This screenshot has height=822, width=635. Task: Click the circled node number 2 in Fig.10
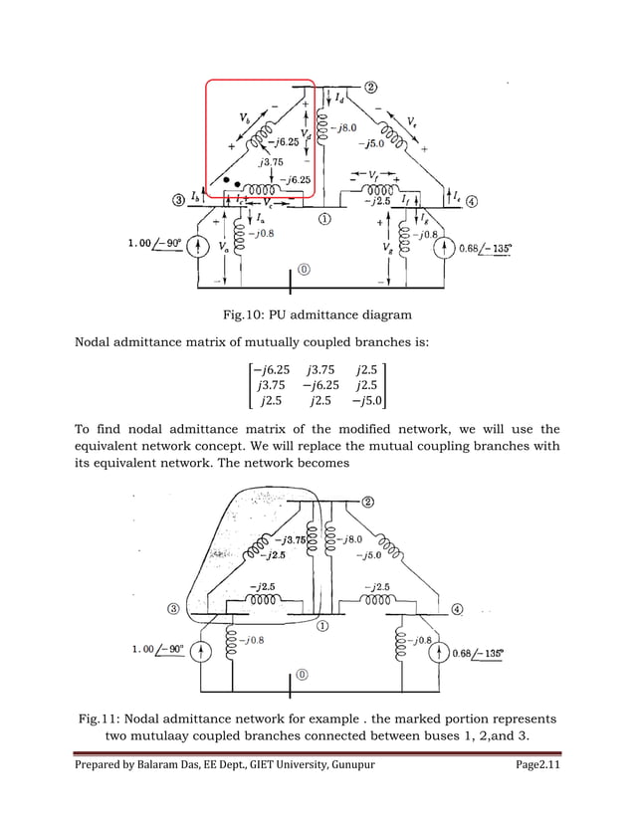pyautogui.click(x=369, y=87)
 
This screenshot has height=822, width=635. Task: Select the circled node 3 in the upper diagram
pyautogui.click(x=178, y=199)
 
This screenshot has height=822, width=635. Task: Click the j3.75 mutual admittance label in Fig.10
pyautogui.click(x=270, y=162)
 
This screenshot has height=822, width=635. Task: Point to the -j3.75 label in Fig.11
pyautogui.click(x=288, y=540)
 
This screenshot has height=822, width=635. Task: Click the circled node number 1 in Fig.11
pyautogui.click(x=323, y=627)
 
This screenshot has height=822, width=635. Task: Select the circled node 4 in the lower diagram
pyautogui.click(x=459, y=609)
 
